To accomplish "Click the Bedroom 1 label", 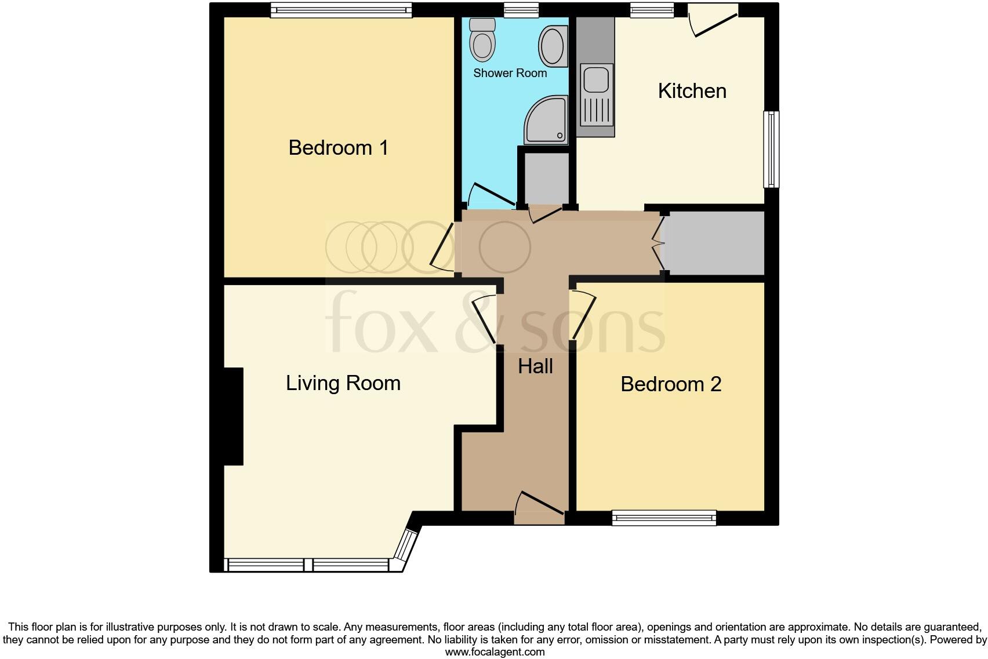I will click(338, 148).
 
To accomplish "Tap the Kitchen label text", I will click(692, 91).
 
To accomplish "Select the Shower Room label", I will click(510, 73).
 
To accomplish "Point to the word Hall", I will click(535, 366).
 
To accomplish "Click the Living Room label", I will click(343, 383).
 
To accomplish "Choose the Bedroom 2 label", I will click(671, 384).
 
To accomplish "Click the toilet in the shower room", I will click(482, 40).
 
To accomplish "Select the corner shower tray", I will click(546, 120).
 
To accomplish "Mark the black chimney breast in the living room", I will click(234, 416).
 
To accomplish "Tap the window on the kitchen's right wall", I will click(772, 149).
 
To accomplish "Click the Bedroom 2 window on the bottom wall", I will click(664, 518).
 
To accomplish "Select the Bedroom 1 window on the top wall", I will click(341, 10).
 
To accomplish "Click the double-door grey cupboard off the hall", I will click(714, 243).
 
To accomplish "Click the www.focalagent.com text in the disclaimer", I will click(495, 652).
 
